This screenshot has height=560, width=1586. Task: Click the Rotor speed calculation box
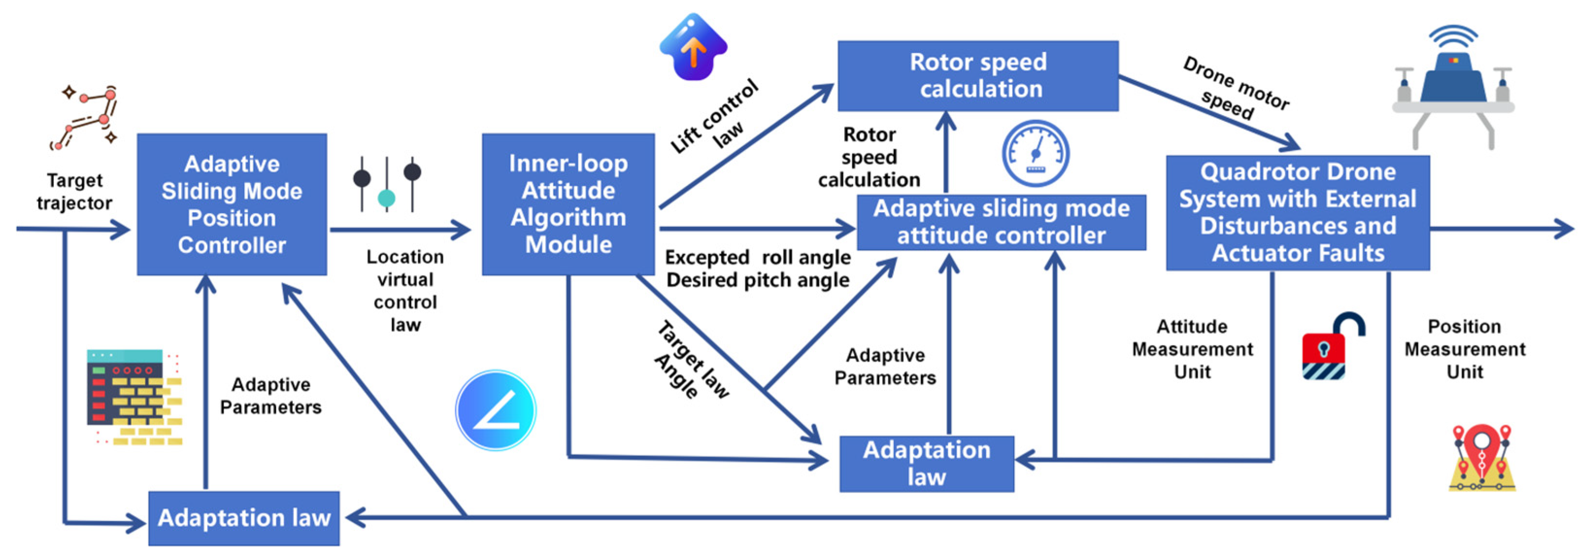coord(978,76)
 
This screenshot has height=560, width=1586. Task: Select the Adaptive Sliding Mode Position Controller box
coord(232,204)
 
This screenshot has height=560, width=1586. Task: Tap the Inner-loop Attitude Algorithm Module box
coord(568,204)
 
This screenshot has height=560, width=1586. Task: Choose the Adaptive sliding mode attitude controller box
coord(1001,222)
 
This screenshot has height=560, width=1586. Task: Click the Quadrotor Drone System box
coord(1298,213)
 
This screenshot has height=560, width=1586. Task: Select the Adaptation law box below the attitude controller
coord(927,463)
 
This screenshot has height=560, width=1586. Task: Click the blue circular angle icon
coord(496,410)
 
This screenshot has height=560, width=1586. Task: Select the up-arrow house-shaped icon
coord(693,47)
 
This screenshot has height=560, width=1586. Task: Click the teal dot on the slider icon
coord(386,198)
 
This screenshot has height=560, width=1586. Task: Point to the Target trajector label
coord(74,191)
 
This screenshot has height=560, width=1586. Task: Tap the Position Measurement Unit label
coord(1465,349)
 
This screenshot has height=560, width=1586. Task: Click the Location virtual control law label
coord(405,291)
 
